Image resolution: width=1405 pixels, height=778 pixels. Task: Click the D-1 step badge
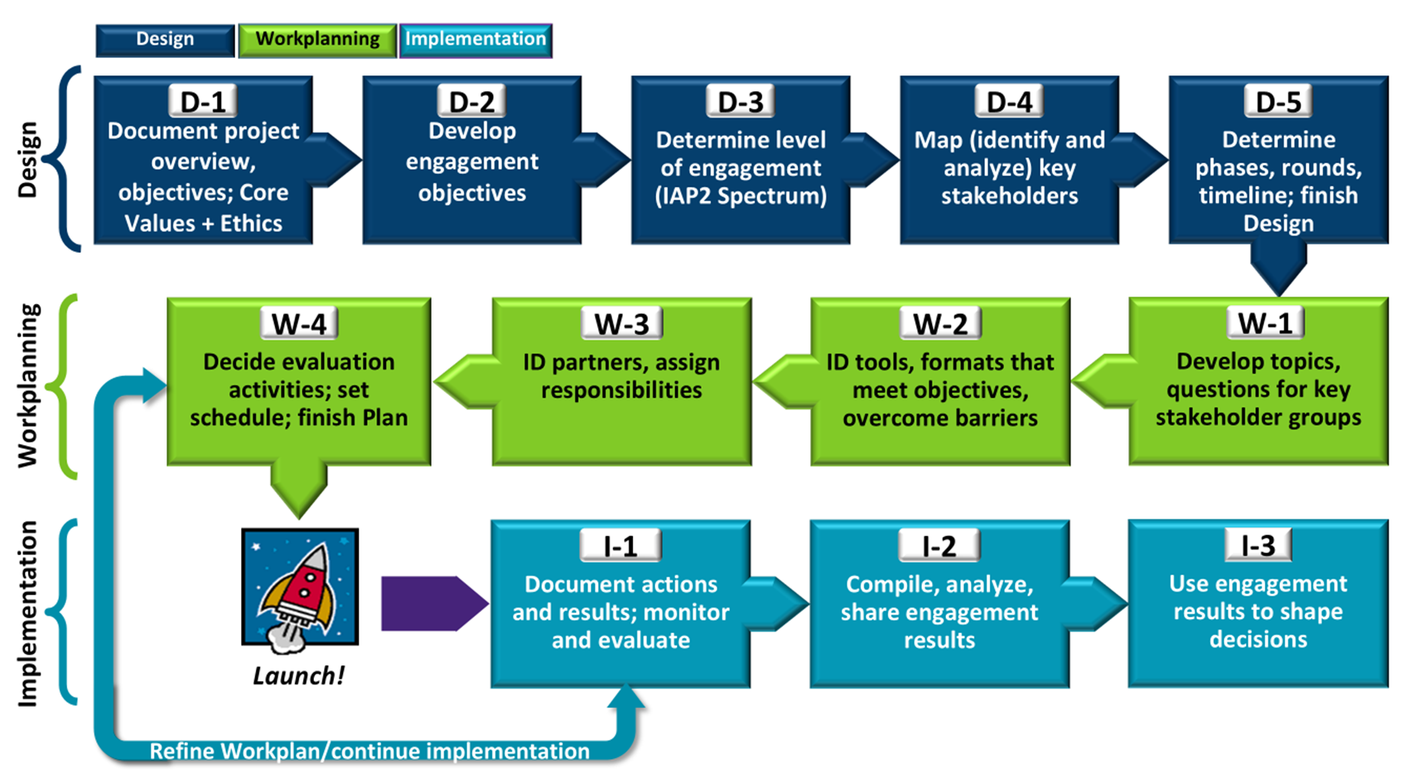(x=203, y=102)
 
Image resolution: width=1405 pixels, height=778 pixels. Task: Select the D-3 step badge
(x=740, y=102)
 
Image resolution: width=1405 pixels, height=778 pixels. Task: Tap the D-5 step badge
(x=1278, y=102)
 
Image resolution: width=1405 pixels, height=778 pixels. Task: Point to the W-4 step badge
(x=299, y=324)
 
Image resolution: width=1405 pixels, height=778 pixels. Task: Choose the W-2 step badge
(x=940, y=324)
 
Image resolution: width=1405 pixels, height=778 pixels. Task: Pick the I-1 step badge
(x=620, y=546)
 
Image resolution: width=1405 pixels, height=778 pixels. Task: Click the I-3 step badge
(x=1258, y=545)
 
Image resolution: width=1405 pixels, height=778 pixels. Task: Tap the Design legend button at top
(x=165, y=40)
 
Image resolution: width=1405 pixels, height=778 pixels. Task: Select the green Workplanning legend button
(x=317, y=40)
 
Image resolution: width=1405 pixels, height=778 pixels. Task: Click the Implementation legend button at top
(x=476, y=40)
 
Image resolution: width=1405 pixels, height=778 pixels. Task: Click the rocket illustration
(x=300, y=587)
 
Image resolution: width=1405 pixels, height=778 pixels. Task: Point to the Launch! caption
(x=298, y=676)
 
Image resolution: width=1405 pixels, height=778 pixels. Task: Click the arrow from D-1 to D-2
(x=335, y=159)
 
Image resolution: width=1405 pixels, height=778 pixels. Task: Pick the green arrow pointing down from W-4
(x=299, y=490)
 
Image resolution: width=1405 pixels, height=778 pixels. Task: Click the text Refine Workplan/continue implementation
(x=369, y=751)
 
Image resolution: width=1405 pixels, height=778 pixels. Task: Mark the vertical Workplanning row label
(x=28, y=386)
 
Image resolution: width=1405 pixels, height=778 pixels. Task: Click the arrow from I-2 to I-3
(x=1096, y=603)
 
